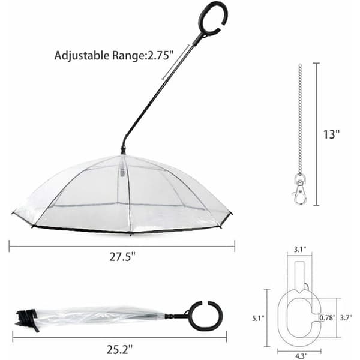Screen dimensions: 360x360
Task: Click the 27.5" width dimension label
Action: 122,257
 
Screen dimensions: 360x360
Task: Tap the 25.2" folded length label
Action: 119,349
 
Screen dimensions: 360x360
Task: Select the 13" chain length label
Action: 331,134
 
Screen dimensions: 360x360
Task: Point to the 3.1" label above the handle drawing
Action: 300,250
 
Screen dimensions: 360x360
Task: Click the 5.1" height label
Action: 258,318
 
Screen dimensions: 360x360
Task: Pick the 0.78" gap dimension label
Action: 328,318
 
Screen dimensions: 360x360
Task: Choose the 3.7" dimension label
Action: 346,318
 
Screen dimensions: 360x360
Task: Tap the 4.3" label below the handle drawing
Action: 301,356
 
